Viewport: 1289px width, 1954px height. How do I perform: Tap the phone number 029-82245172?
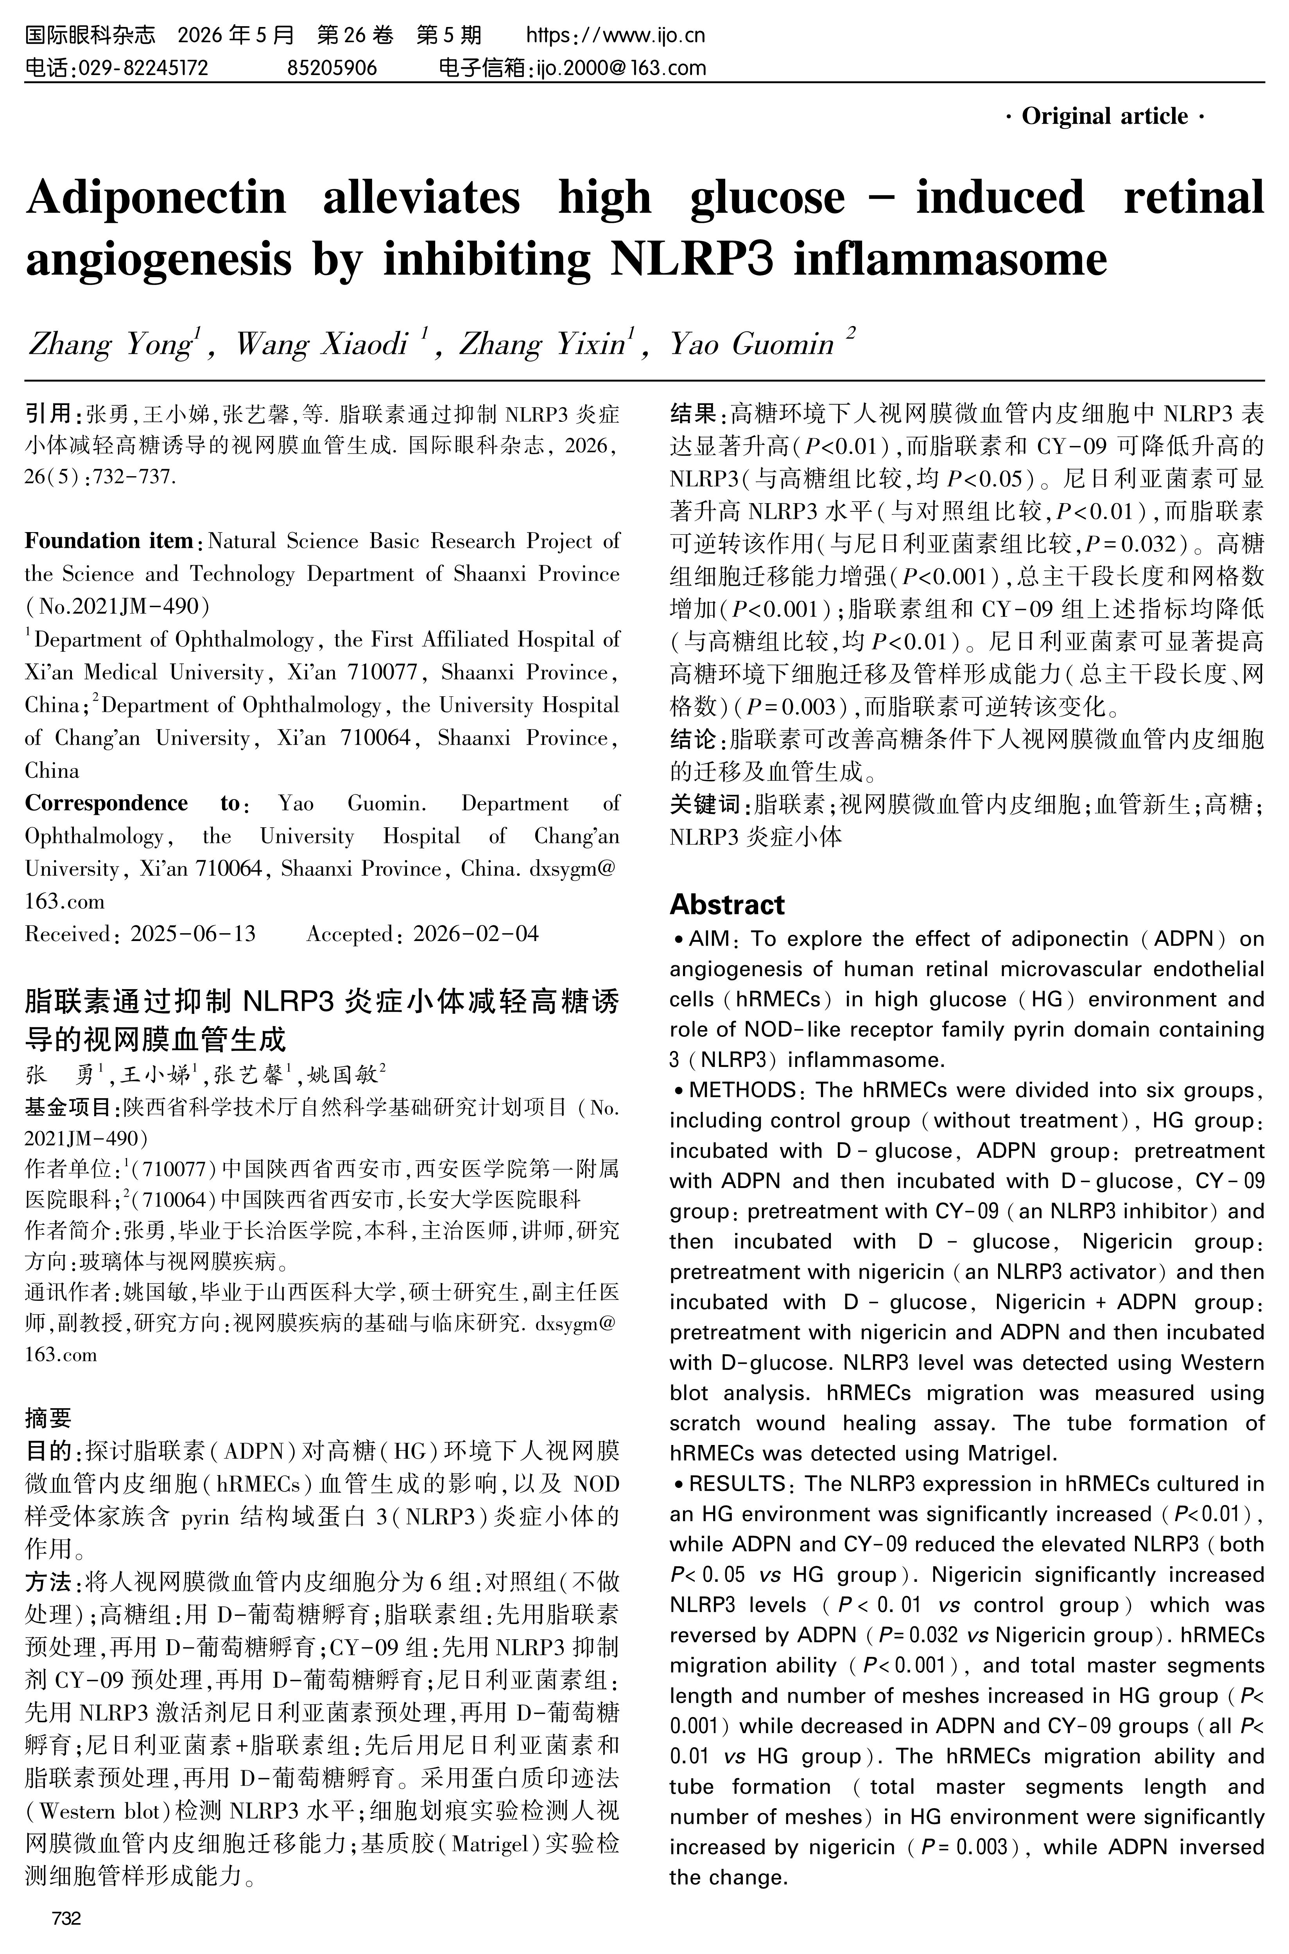[142, 67]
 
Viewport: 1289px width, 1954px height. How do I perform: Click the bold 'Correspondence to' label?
[131, 803]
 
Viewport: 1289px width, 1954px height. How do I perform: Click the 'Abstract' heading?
[727, 904]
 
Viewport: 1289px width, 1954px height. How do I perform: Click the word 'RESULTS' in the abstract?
[737, 1484]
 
